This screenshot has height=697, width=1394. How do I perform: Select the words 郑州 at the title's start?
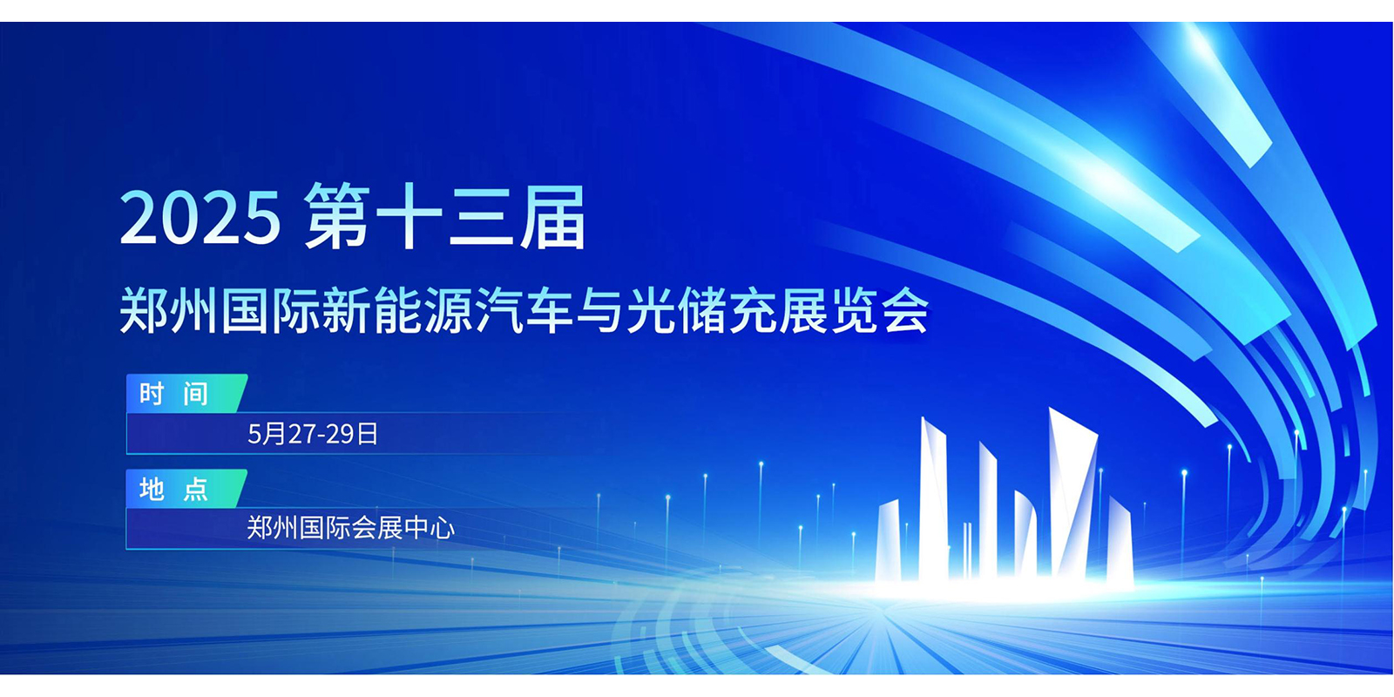pyautogui.click(x=169, y=310)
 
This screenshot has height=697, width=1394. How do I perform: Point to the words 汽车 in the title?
pyautogui.click(x=524, y=310)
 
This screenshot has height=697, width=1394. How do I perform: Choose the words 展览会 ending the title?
pyautogui.click(x=853, y=310)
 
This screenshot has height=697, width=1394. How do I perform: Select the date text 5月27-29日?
pyautogui.click(x=313, y=434)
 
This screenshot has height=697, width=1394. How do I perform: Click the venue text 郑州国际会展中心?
pyautogui.click(x=351, y=528)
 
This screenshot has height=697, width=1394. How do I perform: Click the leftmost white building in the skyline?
pyautogui.click(x=889, y=541)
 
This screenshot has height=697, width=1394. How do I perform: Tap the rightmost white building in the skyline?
pyautogui.click(x=1120, y=541)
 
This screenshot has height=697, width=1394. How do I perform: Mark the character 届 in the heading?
pyautogui.click(x=552, y=217)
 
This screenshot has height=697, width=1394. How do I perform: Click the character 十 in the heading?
pyautogui.click(x=409, y=217)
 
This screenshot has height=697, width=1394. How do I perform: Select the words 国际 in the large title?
pyautogui.click(x=271, y=310)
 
